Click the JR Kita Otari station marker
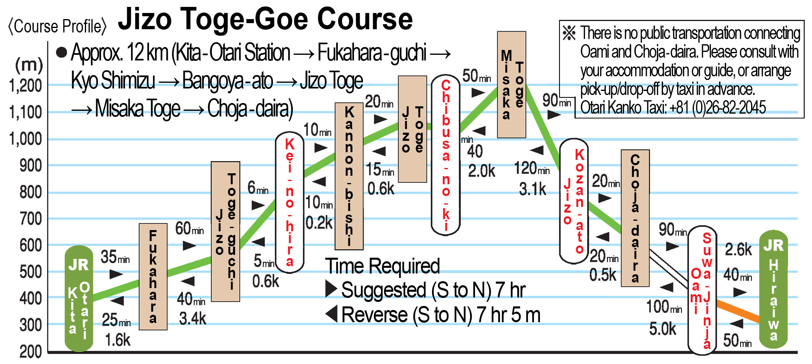click(x=79, y=298)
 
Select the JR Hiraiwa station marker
click(x=773, y=289)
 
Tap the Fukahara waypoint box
click(x=153, y=276)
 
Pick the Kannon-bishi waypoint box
click(x=349, y=176)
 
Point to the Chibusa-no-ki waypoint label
click(x=445, y=155)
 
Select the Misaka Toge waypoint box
click(x=512, y=84)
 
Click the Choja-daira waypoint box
click(x=635, y=218)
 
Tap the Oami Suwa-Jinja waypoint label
click(x=702, y=290)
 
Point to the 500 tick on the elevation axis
click(x=30, y=272)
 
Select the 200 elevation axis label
click(x=30, y=351)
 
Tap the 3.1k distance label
click(x=533, y=189)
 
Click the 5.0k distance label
click(x=663, y=329)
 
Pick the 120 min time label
click(x=532, y=168)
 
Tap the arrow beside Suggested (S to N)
click(x=331, y=289)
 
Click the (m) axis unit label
click(x=29, y=65)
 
